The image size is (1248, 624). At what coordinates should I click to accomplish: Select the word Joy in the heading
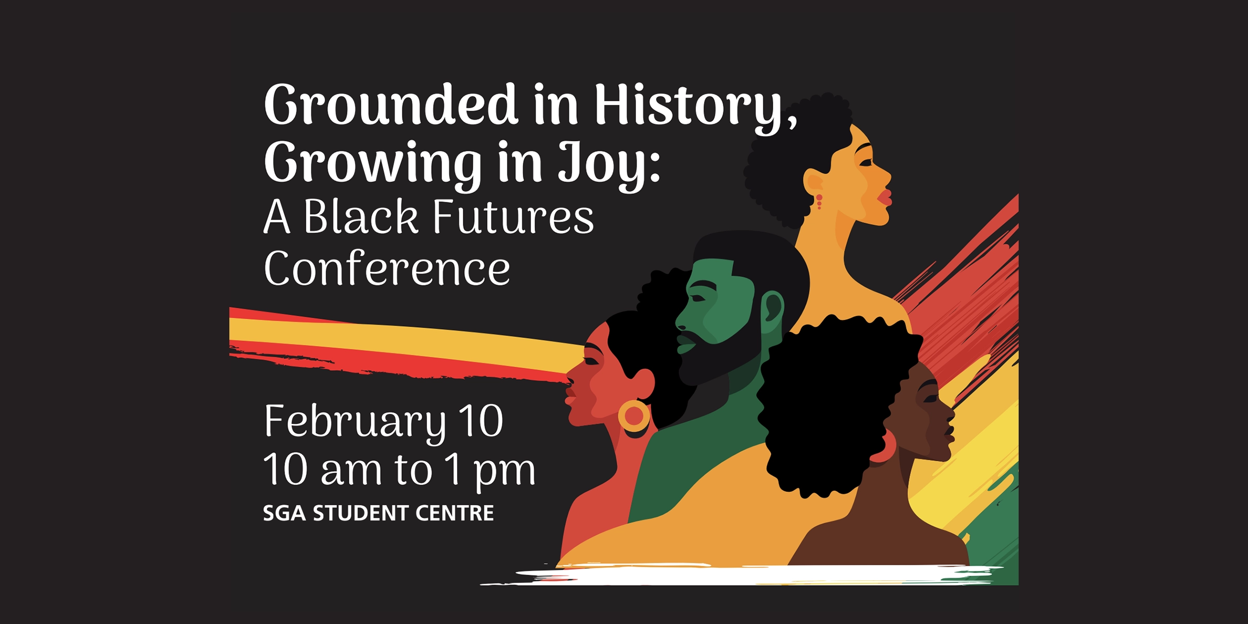tap(603, 163)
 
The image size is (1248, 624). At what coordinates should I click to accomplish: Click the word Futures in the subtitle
tap(513, 217)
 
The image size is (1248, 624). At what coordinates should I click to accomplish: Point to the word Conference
tap(387, 269)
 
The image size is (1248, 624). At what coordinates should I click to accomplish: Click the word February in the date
tap(355, 421)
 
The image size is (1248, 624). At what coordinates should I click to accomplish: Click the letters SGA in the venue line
tap(284, 513)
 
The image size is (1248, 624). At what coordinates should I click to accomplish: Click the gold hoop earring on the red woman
tap(633, 416)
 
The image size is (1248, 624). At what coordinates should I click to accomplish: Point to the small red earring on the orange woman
tap(819, 201)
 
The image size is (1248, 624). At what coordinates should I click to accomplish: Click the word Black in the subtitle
tap(360, 217)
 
